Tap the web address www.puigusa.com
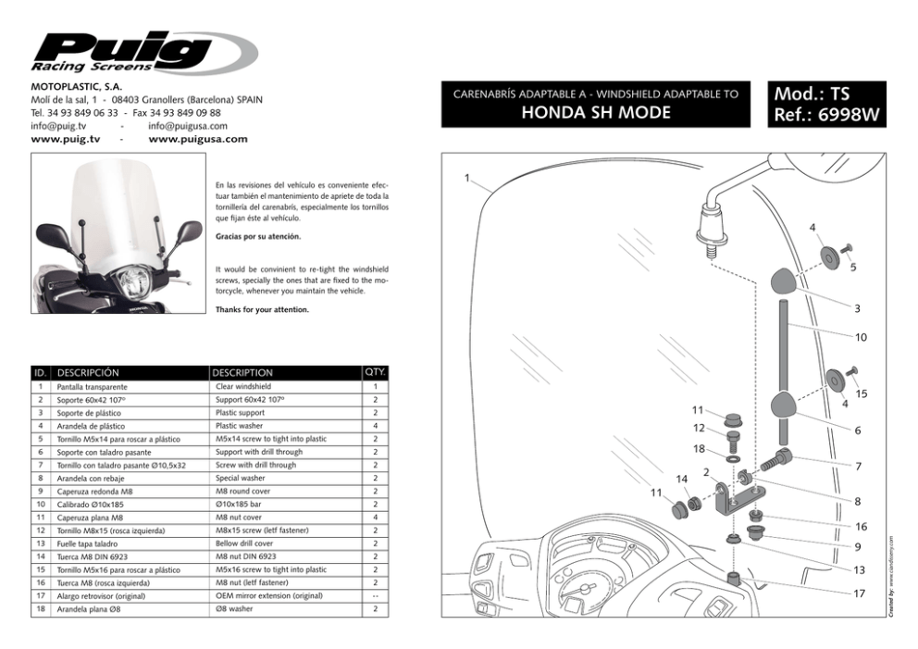(x=198, y=139)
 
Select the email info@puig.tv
(x=58, y=126)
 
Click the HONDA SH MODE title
(x=596, y=112)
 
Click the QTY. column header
(x=376, y=373)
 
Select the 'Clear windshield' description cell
(x=243, y=386)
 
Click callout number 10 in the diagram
(x=861, y=338)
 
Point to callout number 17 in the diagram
(x=859, y=593)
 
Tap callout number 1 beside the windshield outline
(x=468, y=178)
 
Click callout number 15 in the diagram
(x=861, y=394)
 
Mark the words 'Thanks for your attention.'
(x=262, y=309)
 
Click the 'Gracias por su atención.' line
(x=258, y=237)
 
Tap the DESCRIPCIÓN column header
(x=89, y=373)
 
